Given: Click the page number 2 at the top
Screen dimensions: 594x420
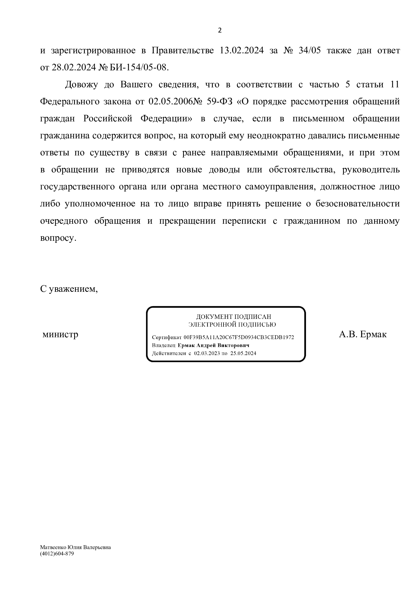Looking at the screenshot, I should point(220,30).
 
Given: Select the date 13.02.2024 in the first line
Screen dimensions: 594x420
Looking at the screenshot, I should point(241,50).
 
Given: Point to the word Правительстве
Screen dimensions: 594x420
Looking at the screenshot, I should point(183,50).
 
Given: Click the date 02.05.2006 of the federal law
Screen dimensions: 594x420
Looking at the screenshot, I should point(171,101).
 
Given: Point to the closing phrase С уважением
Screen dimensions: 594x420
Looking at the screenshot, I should point(69,289).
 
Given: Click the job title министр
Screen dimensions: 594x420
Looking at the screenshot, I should point(60,334).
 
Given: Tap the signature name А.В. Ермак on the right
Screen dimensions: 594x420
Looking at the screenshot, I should point(363,334).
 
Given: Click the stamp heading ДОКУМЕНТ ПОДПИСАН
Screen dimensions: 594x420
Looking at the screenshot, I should point(234,317).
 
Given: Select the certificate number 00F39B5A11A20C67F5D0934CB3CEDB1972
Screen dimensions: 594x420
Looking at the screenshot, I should point(239,337).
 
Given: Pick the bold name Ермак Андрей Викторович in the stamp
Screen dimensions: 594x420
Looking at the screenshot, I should point(213,345).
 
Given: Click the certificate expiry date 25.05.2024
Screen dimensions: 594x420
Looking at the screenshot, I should point(243,354).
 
